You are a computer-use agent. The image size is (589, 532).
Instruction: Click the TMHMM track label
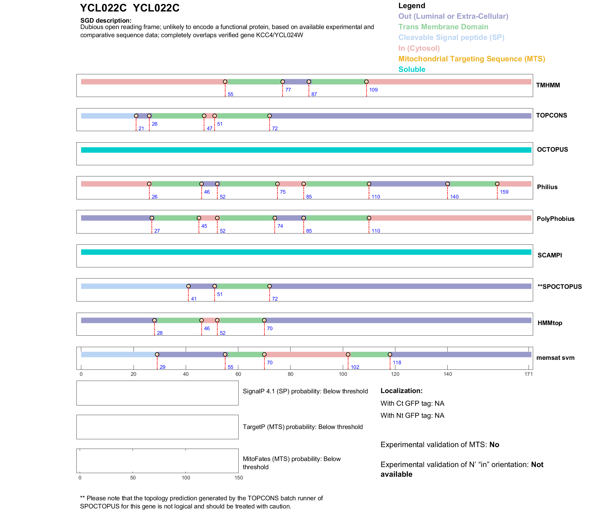coord(548,85)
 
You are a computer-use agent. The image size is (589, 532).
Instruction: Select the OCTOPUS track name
coord(552,150)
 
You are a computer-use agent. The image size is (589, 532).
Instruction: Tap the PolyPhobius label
coord(555,219)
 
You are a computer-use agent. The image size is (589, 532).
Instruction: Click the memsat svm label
coord(555,358)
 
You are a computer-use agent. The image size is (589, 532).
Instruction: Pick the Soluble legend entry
coord(412,69)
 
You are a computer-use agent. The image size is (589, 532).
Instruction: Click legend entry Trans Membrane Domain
coord(443,27)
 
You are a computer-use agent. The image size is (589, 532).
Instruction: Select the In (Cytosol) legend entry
coord(419,48)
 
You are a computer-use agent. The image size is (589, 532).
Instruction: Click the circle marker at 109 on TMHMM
coord(366,82)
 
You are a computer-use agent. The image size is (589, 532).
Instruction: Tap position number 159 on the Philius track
coord(504,192)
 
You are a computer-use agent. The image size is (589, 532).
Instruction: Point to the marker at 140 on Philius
coord(448,184)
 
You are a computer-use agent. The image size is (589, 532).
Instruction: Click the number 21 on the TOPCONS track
coord(141,128)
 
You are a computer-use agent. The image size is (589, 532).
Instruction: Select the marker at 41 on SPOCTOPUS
coord(188,286)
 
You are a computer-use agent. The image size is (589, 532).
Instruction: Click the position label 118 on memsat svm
coord(397,363)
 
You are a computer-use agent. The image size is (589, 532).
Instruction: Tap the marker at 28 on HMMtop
coord(154,320)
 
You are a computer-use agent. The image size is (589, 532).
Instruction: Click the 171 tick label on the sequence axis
coord(529,374)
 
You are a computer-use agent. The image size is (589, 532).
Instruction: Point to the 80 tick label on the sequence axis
coord(291,374)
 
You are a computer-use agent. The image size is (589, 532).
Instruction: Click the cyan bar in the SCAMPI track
coord(306,252)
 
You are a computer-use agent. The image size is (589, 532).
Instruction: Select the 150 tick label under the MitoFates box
coord(239,478)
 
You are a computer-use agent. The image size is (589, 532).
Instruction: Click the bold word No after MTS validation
coord(494,445)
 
